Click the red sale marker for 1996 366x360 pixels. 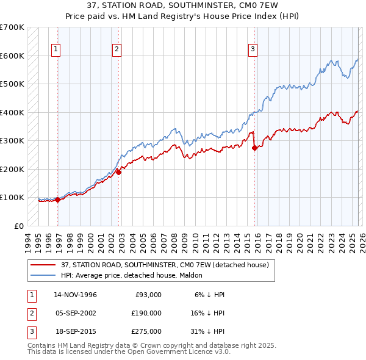[x=58, y=200]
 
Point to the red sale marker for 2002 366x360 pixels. [x=119, y=172]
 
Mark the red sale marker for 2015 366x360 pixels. [x=254, y=148]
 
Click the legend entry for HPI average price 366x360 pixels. [x=135, y=275]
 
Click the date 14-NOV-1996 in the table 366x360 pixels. [x=75, y=295]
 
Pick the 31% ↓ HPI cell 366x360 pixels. [x=209, y=331]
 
